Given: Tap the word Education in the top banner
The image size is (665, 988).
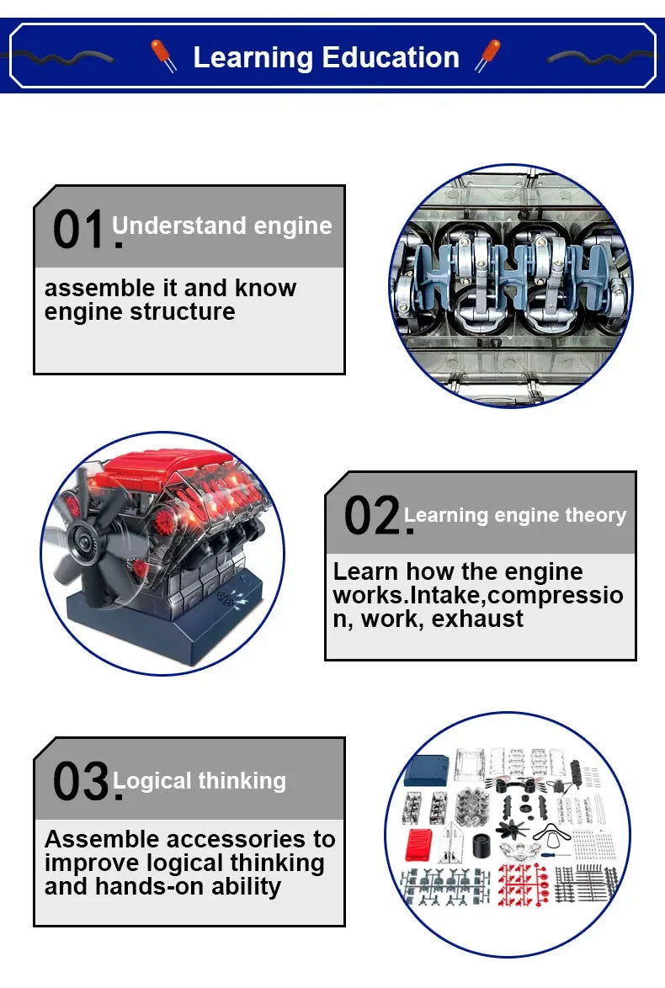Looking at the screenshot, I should coord(391,57).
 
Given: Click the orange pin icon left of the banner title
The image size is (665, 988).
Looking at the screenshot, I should coord(163,56).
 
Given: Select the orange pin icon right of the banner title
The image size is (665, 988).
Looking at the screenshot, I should coord(487,56).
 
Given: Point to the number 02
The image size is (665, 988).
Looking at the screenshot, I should coord(374,516).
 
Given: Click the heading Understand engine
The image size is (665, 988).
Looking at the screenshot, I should coord(222,226).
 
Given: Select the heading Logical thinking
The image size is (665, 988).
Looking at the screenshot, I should coord(200,781).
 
